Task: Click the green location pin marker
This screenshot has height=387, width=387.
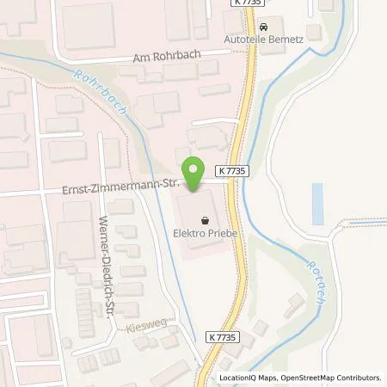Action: (x=193, y=173)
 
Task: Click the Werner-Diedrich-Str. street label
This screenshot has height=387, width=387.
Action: (x=110, y=267)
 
